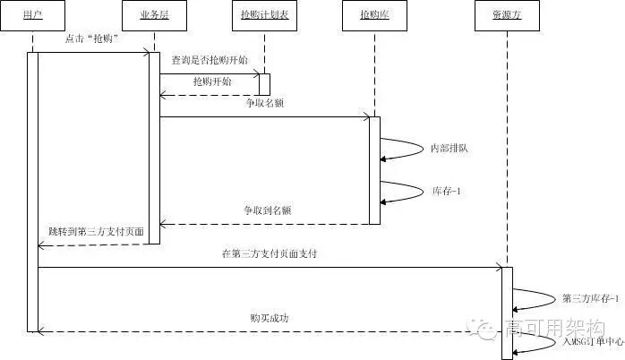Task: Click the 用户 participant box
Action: tap(31, 16)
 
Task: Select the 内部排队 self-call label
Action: tap(449, 147)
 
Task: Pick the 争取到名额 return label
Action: tap(267, 210)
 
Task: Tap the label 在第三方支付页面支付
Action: tap(269, 254)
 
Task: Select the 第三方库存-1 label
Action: tap(591, 297)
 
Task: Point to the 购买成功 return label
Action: tap(270, 318)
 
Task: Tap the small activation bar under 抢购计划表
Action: tap(265, 84)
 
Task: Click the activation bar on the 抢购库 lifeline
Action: tap(374, 170)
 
